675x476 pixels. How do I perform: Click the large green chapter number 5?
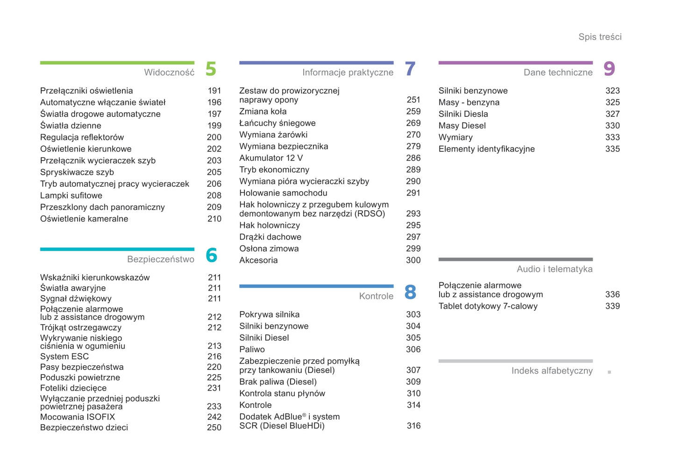211,69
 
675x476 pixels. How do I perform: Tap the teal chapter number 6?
211,256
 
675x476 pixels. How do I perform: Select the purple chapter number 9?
609,69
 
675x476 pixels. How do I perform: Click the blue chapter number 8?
410,292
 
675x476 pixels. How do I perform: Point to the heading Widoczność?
169,72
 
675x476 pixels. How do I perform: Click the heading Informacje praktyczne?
348,72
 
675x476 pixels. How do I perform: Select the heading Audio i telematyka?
554,269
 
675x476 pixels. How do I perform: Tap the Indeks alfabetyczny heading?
552,371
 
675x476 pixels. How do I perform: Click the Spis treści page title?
600,37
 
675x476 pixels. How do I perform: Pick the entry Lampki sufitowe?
71,196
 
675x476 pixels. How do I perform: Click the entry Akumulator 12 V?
271,158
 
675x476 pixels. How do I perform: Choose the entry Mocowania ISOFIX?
78,417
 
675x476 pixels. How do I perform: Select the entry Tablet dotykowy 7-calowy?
488,306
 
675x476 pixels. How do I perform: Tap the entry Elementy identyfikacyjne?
486,149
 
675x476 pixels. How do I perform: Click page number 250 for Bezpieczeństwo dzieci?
214,427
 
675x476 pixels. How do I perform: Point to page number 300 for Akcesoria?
413,260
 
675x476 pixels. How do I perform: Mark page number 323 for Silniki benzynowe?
612,91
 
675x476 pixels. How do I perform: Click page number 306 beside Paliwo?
413,349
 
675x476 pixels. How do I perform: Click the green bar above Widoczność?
117,63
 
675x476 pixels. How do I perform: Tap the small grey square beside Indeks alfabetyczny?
609,372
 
